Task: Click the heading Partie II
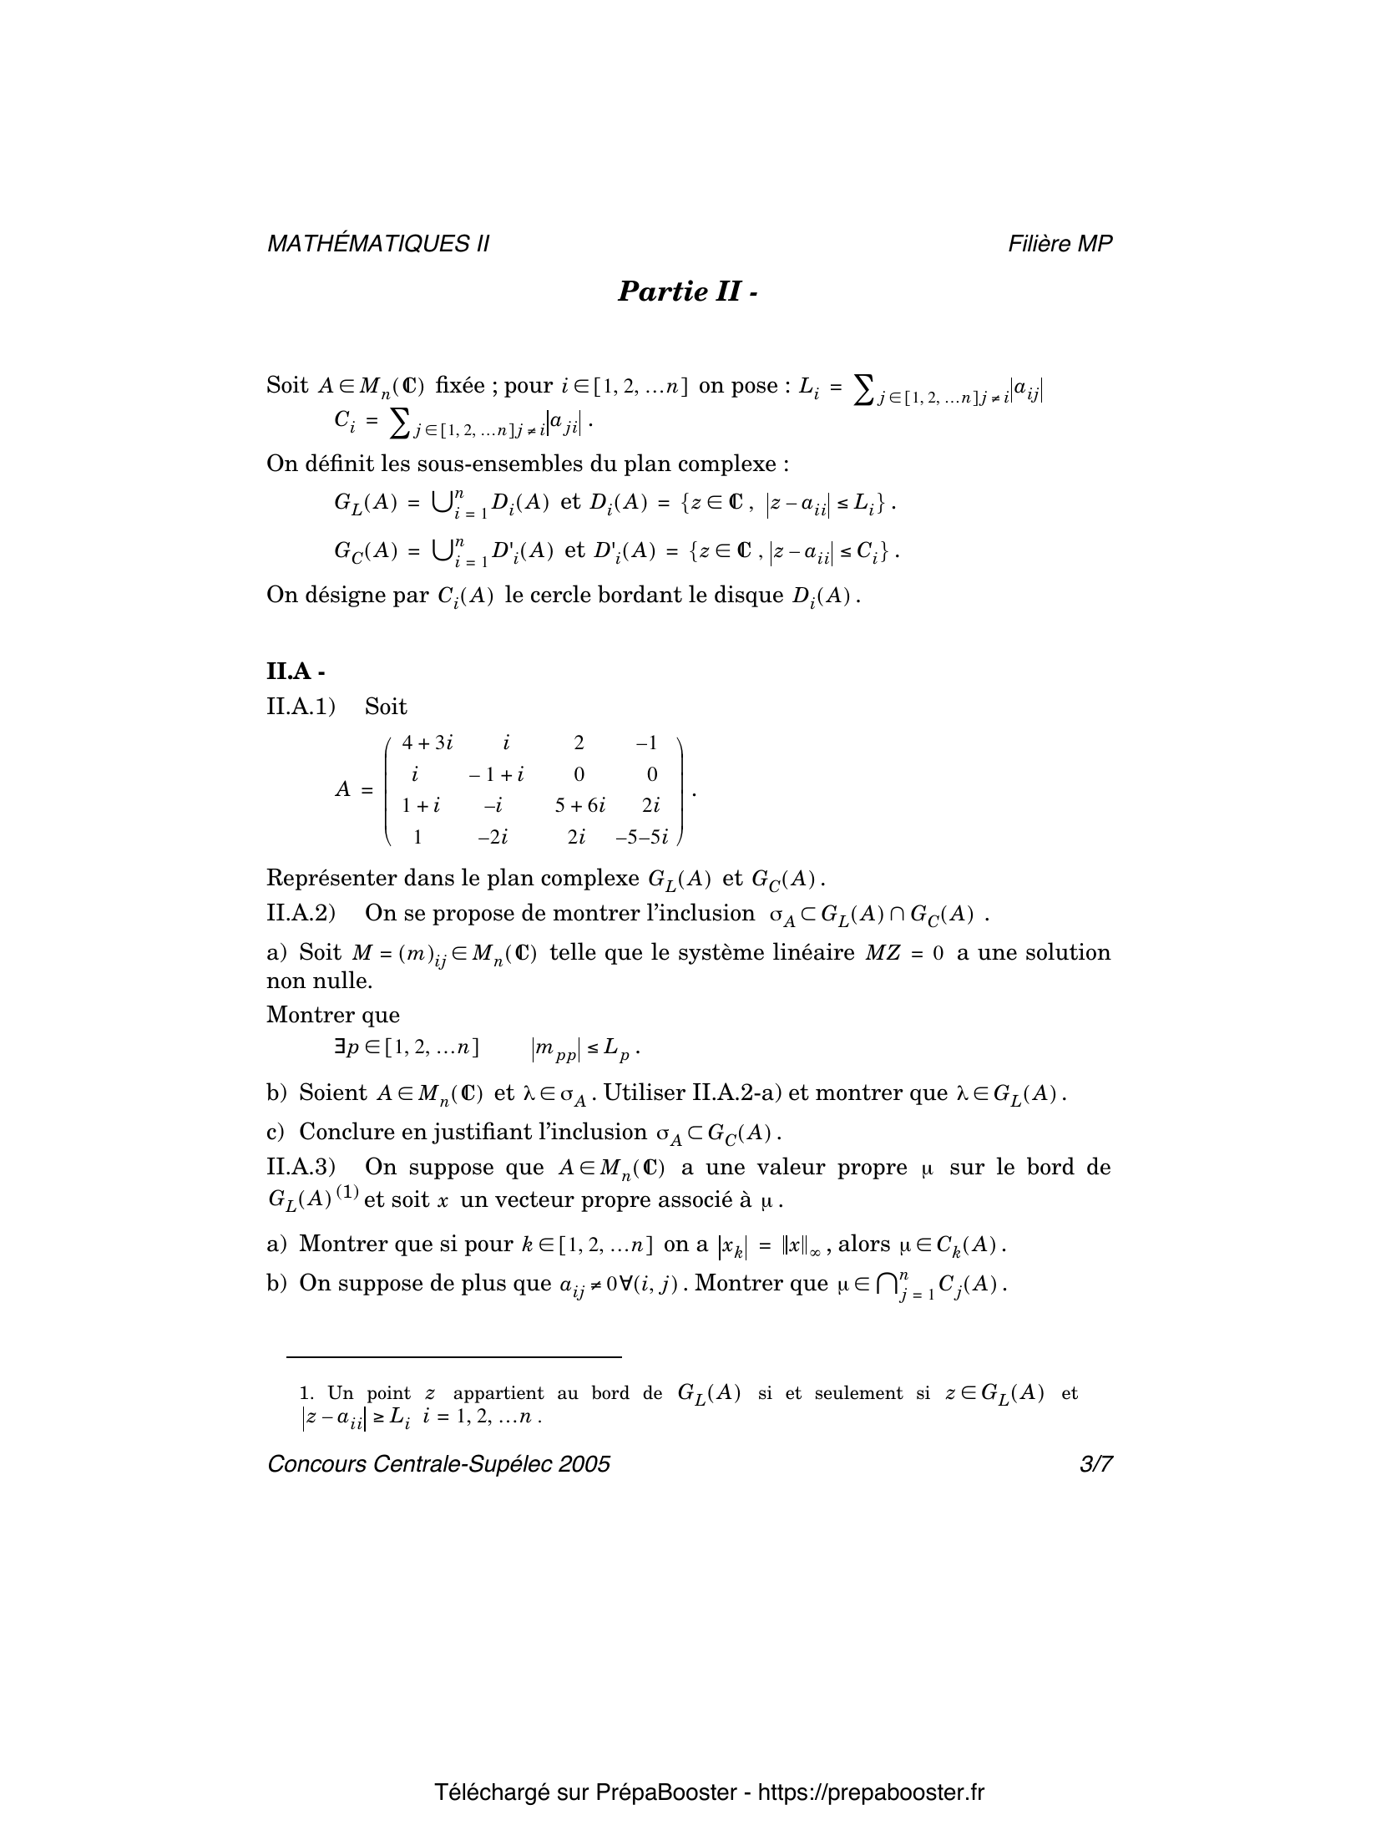click(687, 291)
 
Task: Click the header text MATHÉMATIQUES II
click(377, 243)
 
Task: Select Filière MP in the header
click(1060, 243)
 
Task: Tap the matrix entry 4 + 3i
click(427, 743)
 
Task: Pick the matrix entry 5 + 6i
click(580, 805)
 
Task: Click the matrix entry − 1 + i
click(496, 774)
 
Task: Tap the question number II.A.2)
click(301, 913)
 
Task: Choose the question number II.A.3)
click(301, 1167)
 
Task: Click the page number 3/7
click(1095, 1488)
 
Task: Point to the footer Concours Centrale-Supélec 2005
click(438, 1488)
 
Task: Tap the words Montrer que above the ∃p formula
click(332, 1015)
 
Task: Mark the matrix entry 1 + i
click(420, 805)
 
